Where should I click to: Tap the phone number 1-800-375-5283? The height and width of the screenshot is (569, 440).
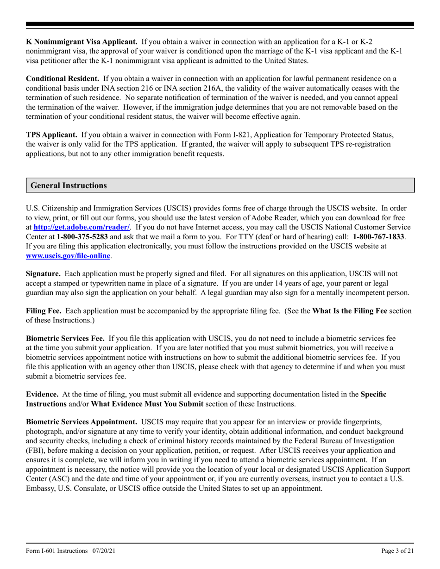pyautogui.click(x=82, y=236)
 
